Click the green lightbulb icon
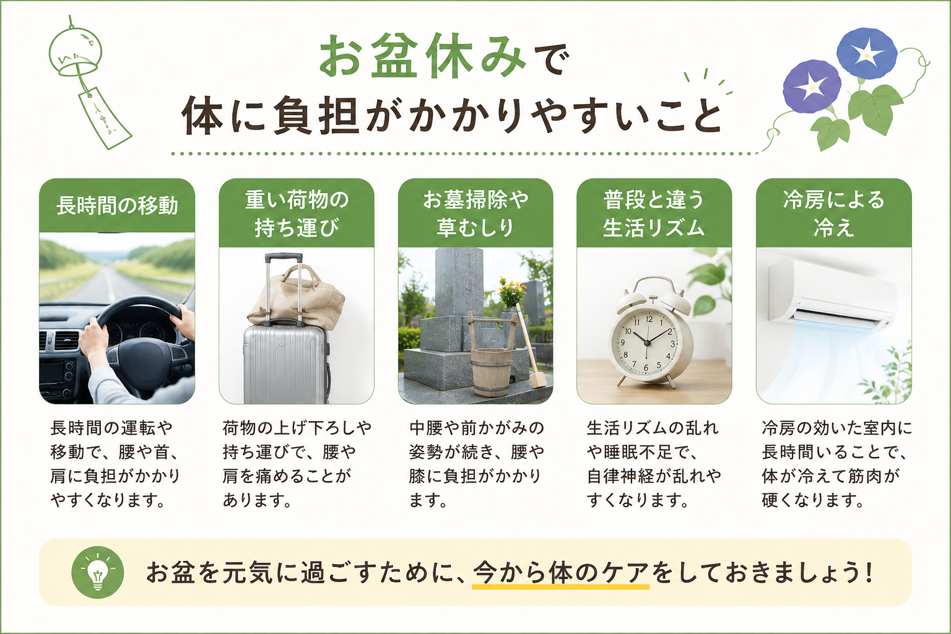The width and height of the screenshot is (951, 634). pos(98,572)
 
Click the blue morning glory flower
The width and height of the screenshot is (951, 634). pos(867,53)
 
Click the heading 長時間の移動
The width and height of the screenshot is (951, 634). pos(117,206)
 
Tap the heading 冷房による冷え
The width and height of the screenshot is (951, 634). pos(834,214)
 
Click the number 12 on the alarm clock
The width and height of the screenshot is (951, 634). pos(649,319)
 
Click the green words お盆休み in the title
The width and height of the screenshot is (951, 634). pos(422,56)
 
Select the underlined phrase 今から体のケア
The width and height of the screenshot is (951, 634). pos(561,573)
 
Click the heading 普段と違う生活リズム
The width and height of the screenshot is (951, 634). pos(654,214)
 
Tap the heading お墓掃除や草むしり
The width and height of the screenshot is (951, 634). pos(475,214)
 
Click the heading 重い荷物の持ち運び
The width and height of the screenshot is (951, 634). pos(297,214)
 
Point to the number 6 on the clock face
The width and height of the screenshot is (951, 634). pos(646,368)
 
